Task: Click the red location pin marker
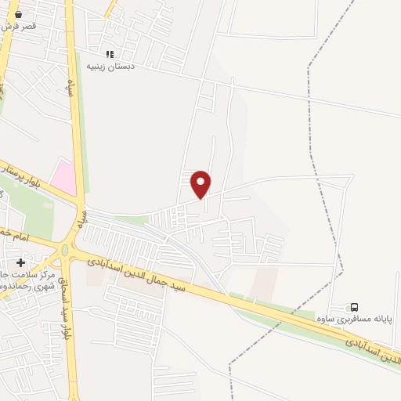201,183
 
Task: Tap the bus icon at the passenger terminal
355,308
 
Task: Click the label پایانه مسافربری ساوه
364,320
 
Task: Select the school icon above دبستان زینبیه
110,54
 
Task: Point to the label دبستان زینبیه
111,66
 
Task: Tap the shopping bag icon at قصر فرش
19,13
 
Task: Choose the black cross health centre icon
20,262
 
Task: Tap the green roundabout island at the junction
66,251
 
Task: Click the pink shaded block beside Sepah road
64,177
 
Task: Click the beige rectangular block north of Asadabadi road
264,281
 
